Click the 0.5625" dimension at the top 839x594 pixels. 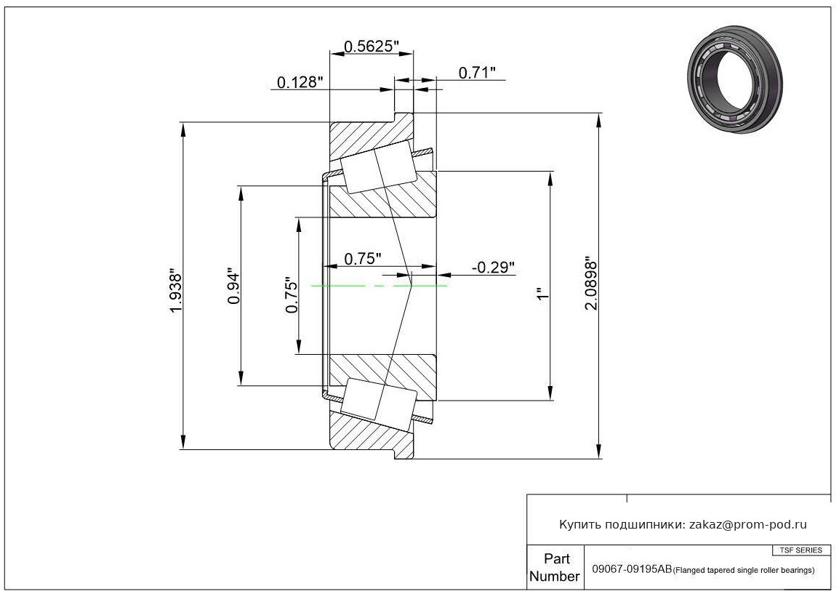pos(372,47)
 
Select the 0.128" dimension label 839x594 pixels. pos(300,82)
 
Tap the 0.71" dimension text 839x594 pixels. pos(477,73)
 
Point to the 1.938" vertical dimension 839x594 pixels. pos(176,290)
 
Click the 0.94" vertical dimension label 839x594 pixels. pos(234,286)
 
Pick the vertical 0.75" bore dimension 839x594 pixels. pos(292,295)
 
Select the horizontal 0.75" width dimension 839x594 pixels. pos(363,259)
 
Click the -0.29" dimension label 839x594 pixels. pos(494,267)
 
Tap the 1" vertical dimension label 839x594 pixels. pos(543,295)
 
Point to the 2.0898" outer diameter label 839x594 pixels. pos(591,284)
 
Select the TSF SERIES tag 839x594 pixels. pos(801,550)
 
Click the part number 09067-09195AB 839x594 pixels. pos(632,569)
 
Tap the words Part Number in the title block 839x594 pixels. pos(555,568)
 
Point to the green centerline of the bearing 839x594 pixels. pos(379,286)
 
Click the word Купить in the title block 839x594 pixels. pos(579,525)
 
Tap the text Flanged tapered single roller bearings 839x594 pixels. pos(744,571)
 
